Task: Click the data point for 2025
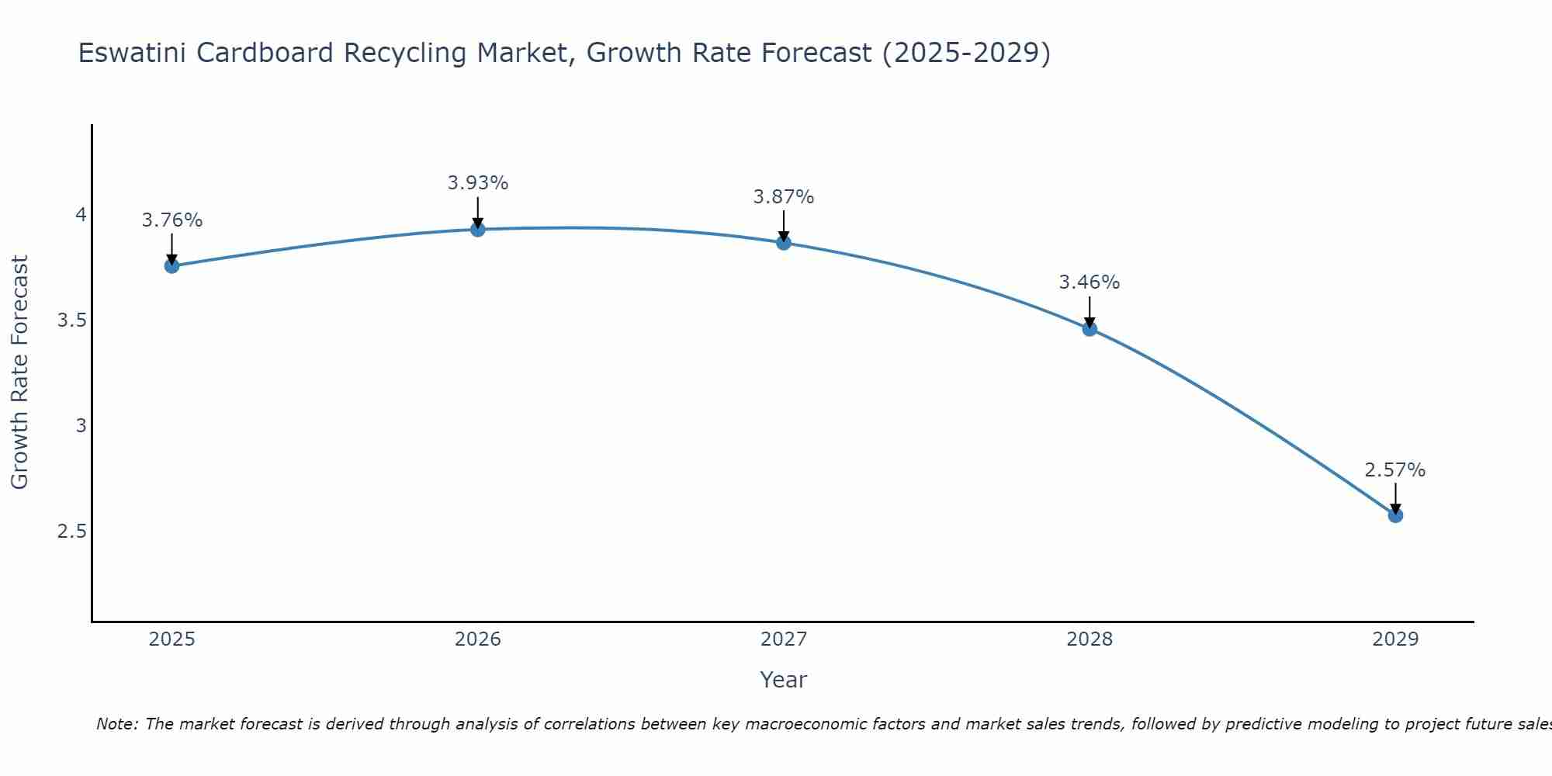pos(171,266)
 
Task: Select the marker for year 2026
pos(478,229)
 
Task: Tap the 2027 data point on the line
pos(784,243)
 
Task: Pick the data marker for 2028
pos(1090,328)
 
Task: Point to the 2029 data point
pos(1395,515)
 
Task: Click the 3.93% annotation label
pos(478,183)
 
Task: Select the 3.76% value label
pos(171,220)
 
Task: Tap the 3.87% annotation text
pos(784,197)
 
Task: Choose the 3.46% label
pos(1090,282)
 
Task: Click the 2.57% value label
pos(1395,470)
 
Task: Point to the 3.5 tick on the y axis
pos(71,320)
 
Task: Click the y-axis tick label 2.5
pos(71,532)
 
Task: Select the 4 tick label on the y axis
pos(81,215)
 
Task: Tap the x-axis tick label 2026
pos(478,639)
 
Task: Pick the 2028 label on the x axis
pos(1090,639)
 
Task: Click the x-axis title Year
pos(784,680)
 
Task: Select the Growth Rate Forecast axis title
pos(19,372)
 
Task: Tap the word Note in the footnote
pos(116,724)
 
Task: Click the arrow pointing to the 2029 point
pos(1395,497)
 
